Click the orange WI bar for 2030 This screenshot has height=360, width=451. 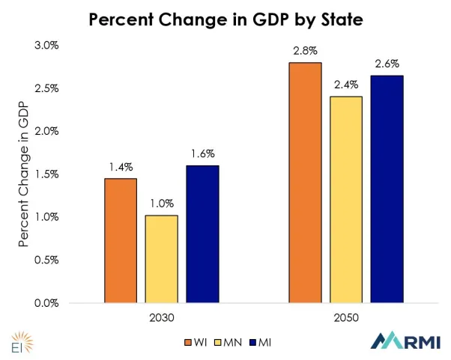(x=121, y=240)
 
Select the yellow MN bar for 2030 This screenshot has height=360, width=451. (x=162, y=259)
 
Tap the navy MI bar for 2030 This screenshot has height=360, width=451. (x=202, y=234)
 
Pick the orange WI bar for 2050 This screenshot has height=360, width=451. (x=305, y=183)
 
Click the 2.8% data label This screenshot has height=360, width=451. (x=305, y=52)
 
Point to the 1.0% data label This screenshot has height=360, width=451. (x=162, y=204)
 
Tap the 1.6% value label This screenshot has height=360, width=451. (x=202, y=154)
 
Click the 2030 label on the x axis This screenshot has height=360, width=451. (x=162, y=317)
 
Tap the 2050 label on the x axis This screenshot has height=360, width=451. (x=345, y=317)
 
